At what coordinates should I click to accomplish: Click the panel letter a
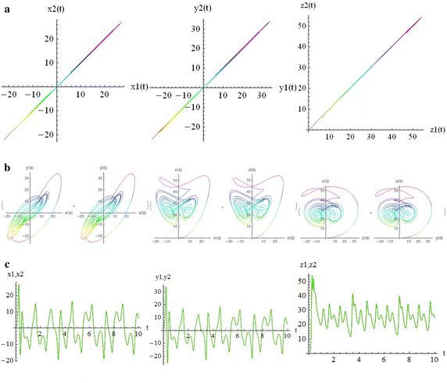coord(7,5)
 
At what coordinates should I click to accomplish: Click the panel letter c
coord(7,266)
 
